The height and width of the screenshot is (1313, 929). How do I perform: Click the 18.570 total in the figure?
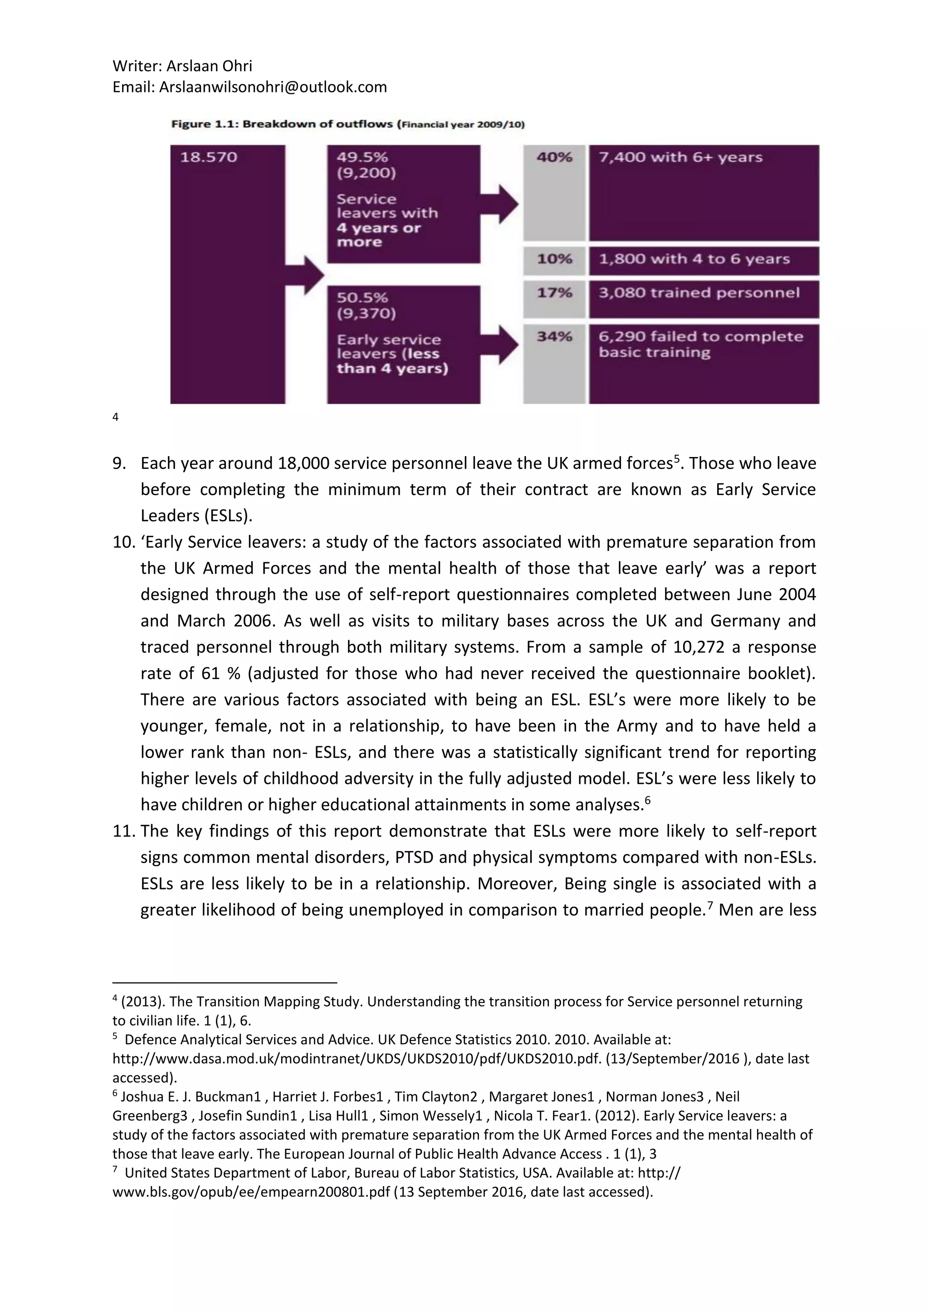pyautogui.click(x=208, y=157)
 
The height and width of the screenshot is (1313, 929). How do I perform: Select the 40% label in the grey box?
pyautogui.click(x=554, y=157)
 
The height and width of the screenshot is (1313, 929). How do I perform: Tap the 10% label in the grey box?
pyautogui.click(x=554, y=259)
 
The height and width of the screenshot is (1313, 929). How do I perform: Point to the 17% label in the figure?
pyautogui.click(x=554, y=293)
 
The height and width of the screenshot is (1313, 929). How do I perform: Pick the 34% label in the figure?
pyautogui.click(x=554, y=336)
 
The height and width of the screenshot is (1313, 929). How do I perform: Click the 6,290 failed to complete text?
pyautogui.click(x=700, y=336)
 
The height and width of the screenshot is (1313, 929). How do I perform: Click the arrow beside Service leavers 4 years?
pyautogui.click(x=500, y=204)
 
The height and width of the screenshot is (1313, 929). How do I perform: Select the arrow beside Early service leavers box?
pyautogui.click(x=500, y=345)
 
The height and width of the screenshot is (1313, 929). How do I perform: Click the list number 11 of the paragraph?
pyautogui.click(x=123, y=831)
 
